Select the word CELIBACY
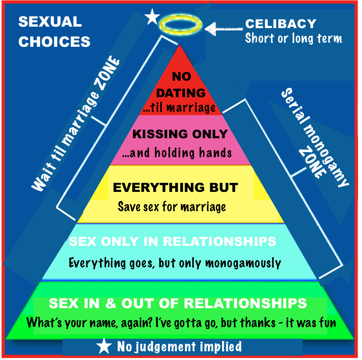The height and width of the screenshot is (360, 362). tap(281, 24)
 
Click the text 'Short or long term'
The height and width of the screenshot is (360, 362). tap(293, 38)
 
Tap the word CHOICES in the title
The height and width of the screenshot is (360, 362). tap(54, 42)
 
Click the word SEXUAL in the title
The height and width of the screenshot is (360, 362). tap(50, 22)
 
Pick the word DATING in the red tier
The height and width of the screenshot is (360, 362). tap(181, 93)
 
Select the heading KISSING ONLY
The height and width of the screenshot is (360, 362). tap(180, 134)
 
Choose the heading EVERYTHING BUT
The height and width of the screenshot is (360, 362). tap(175, 188)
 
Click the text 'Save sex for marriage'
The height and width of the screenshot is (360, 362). tap(172, 207)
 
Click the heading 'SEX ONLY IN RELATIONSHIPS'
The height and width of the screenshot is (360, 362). tap(173, 241)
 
